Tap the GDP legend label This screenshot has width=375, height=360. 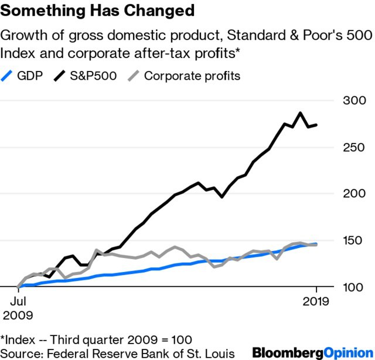click(x=30, y=76)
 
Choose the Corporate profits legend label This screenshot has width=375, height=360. click(x=192, y=76)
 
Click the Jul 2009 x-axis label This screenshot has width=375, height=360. click(x=18, y=308)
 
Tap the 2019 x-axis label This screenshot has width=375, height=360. click(x=316, y=301)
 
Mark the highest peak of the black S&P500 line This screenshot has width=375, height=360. click(x=300, y=113)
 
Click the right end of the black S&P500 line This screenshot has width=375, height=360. click(x=317, y=125)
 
